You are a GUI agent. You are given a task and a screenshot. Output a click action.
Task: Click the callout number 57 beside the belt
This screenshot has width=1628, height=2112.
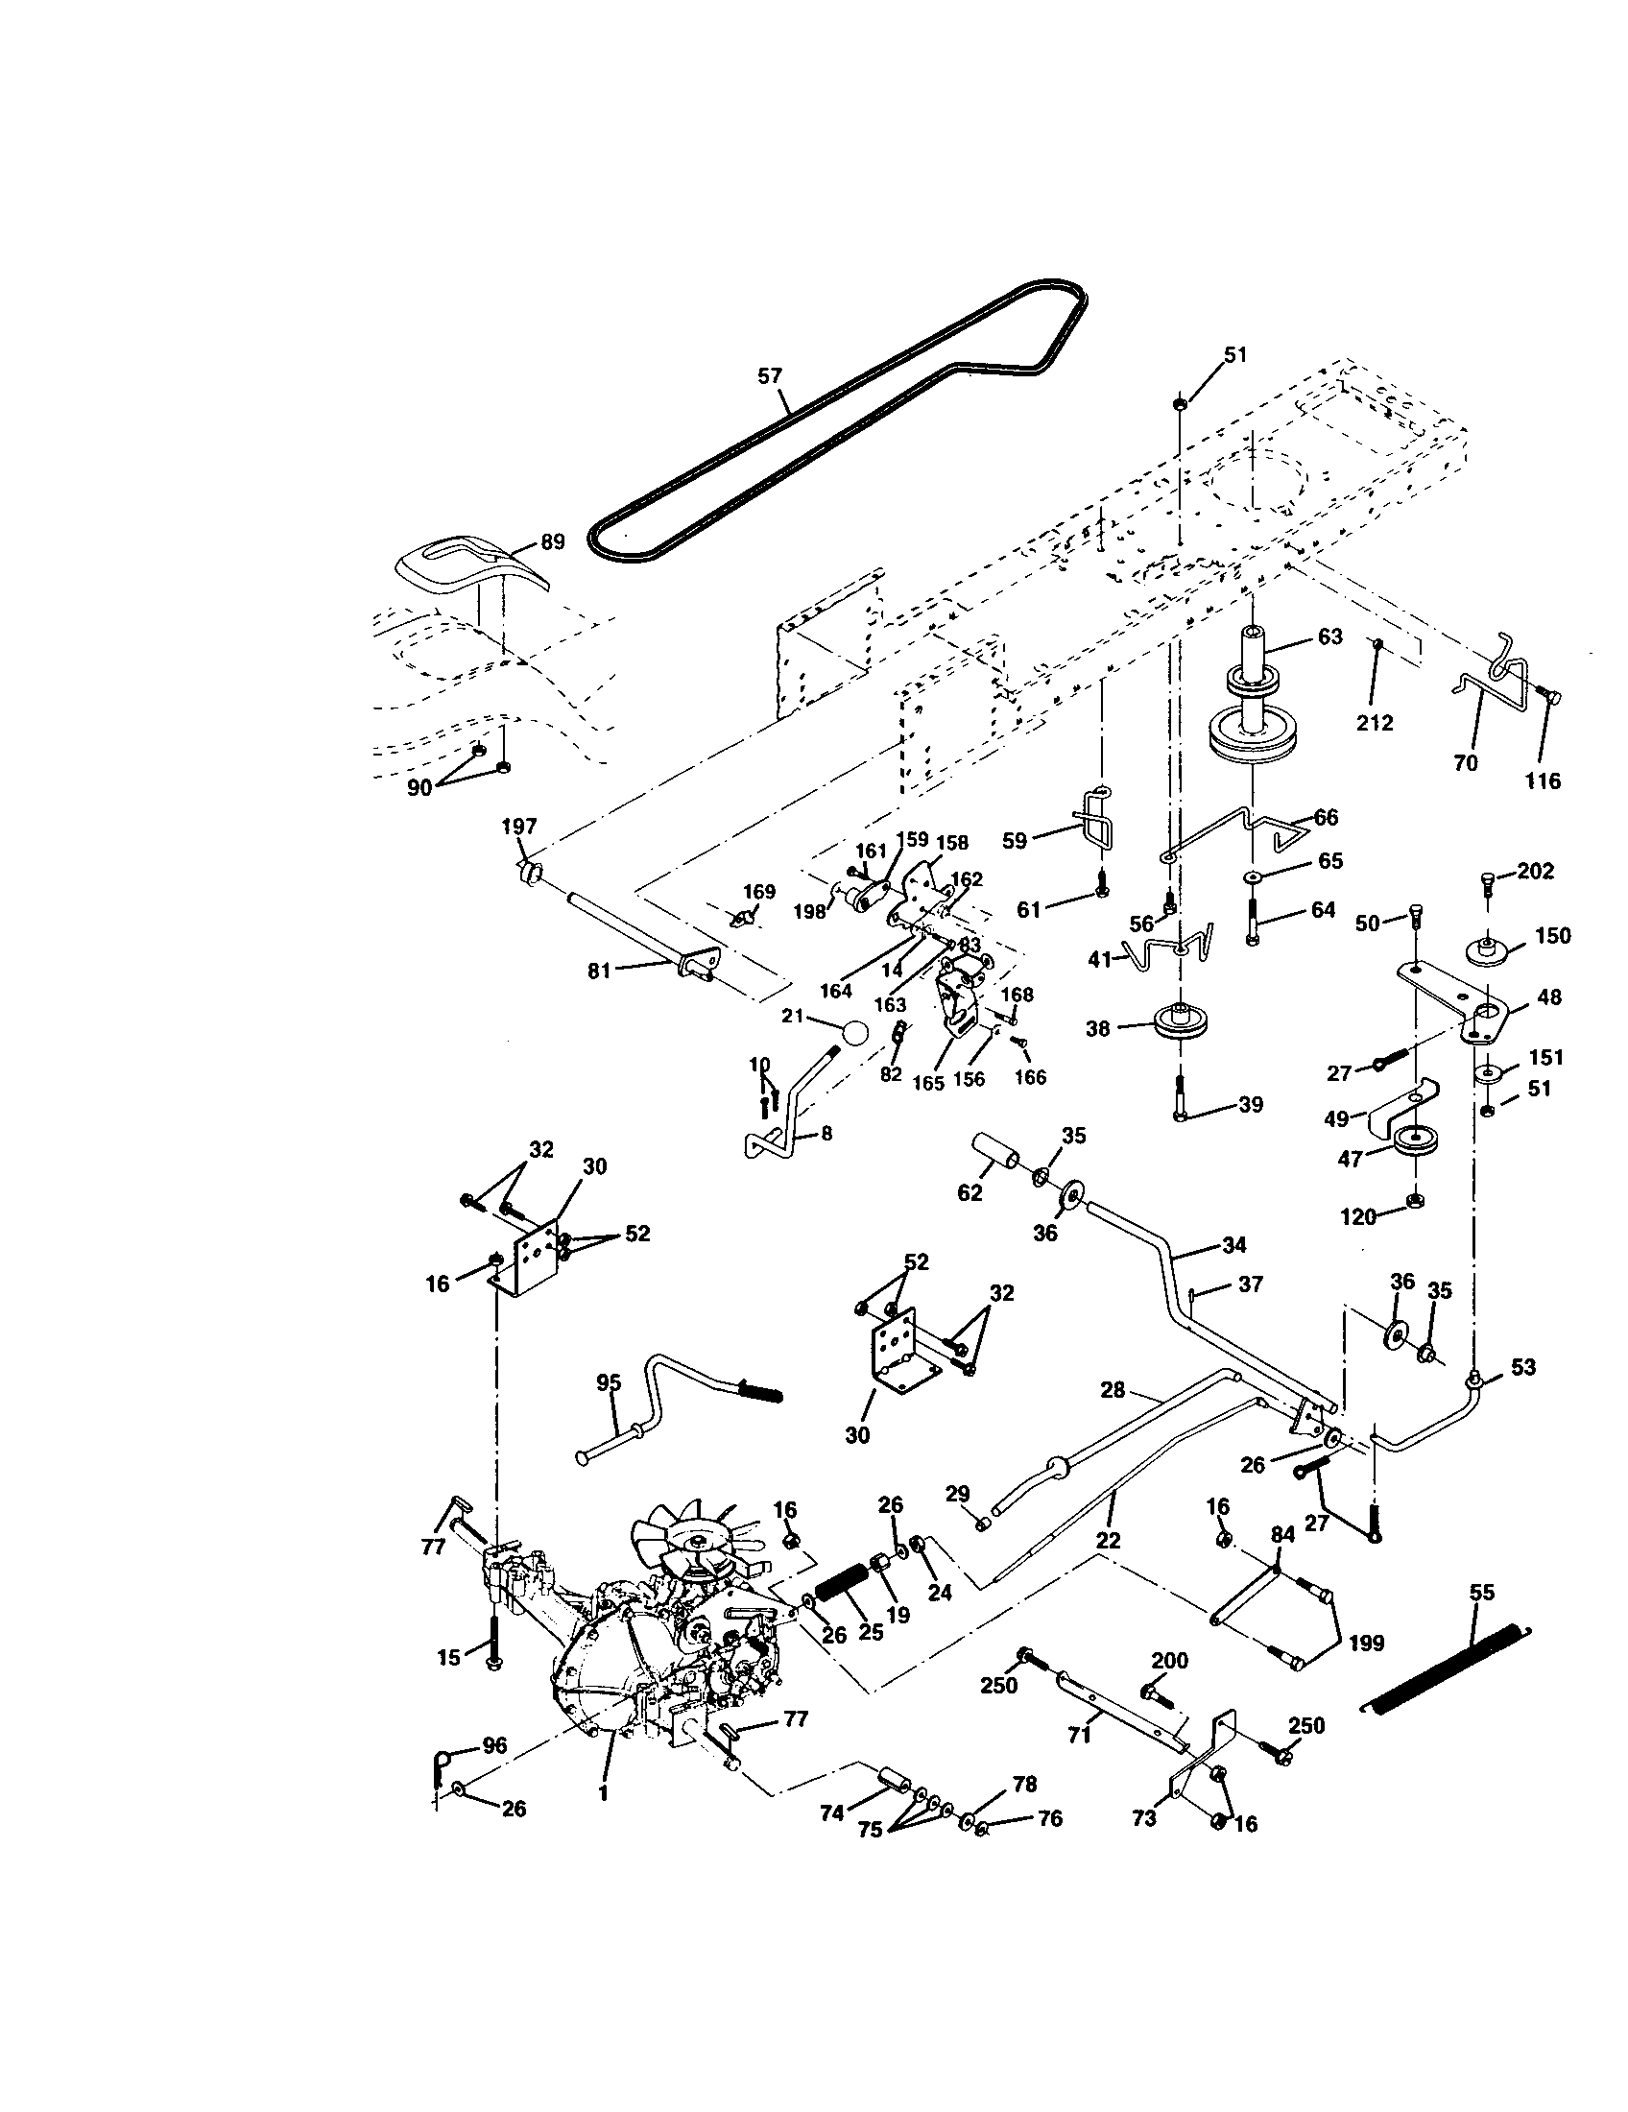(770, 376)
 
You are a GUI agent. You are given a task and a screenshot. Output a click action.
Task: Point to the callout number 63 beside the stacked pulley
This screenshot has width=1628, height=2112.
(1330, 636)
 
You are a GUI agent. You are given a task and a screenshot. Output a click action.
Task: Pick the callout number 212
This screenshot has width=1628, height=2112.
(1375, 722)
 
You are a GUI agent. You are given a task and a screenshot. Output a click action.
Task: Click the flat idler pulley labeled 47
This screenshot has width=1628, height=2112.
(1417, 1141)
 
